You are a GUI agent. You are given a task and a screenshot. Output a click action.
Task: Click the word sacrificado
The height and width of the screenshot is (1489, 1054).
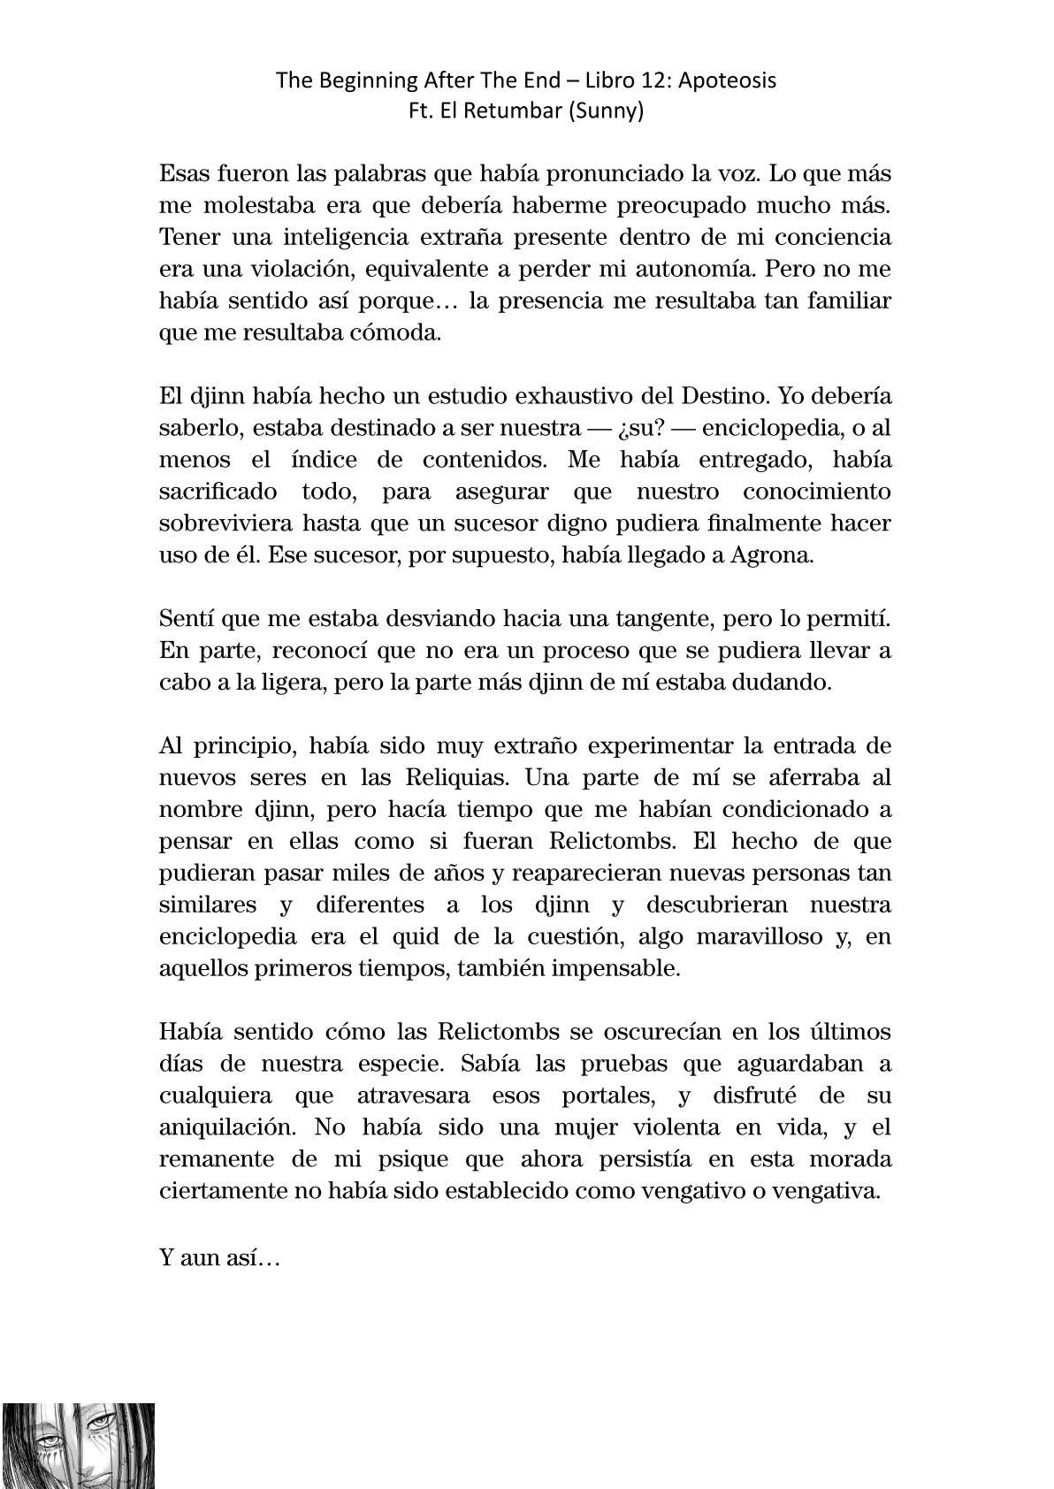pyautogui.click(x=218, y=492)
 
